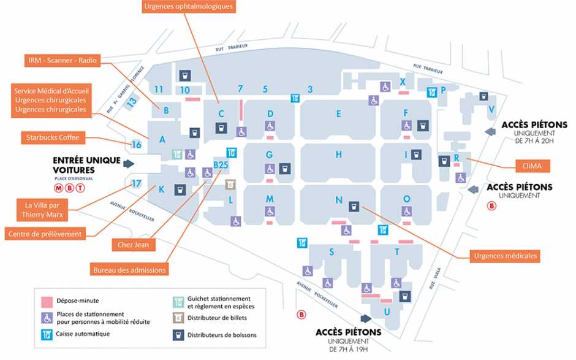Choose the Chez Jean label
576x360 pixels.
[x=134, y=244]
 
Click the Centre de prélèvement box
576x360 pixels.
[x=53, y=233]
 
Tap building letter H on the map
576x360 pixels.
[x=338, y=155]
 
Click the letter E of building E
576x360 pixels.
[x=338, y=113]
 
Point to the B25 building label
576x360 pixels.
[x=221, y=164]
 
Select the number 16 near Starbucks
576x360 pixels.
[x=136, y=145]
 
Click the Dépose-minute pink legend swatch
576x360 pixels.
[x=46, y=301]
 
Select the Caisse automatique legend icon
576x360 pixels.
[x=46, y=334]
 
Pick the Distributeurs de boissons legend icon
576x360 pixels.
[x=178, y=334]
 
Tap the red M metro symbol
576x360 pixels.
[x=59, y=188]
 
